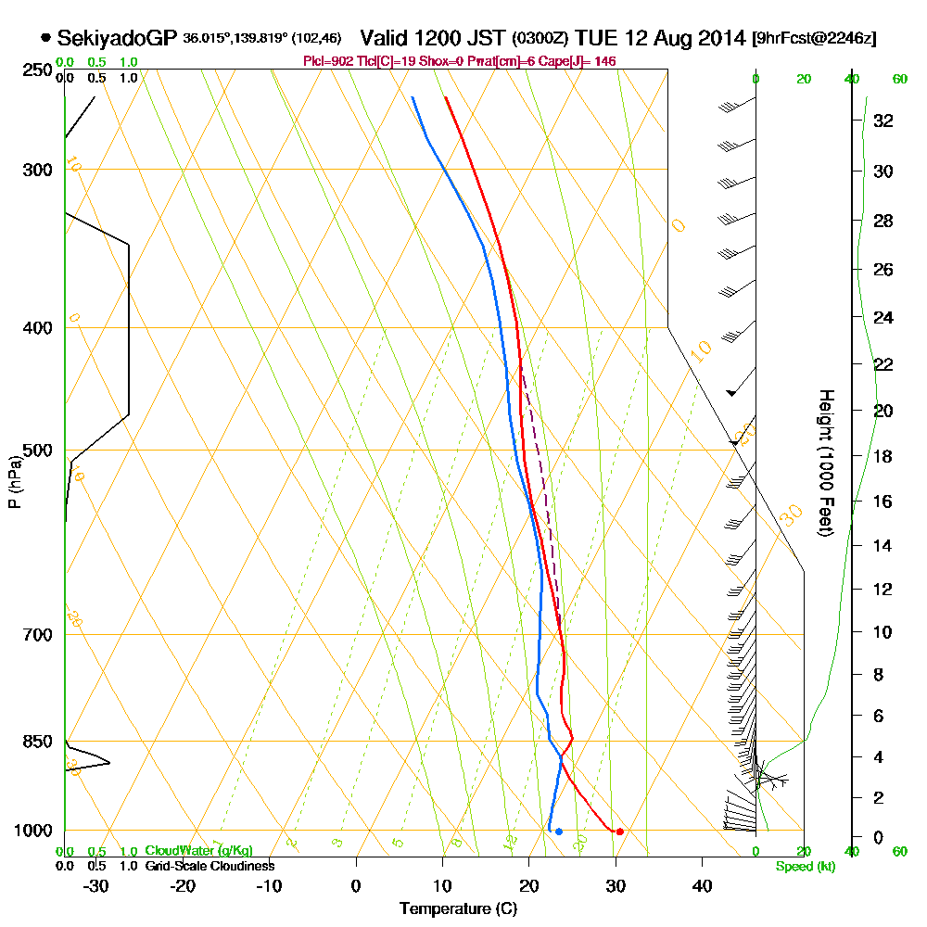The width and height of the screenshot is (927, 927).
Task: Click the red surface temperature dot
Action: click(619, 831)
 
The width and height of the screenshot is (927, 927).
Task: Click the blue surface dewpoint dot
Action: click(558, 832)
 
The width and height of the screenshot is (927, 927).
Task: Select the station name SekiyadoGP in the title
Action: click(117, 38)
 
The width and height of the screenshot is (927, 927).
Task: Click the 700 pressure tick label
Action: click(35, 635)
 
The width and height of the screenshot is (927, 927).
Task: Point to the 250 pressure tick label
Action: click(35, 70)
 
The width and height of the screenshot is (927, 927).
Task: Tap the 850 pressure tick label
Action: click(35, 742)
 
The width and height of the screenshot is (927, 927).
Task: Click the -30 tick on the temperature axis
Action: click(95, 886)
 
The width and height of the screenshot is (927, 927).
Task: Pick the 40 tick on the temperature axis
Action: click(702, 886)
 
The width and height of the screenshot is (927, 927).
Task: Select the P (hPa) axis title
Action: click(14, 481)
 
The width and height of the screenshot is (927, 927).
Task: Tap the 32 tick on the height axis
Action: click(883, 120)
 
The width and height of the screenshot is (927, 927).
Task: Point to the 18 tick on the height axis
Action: click(883, 456)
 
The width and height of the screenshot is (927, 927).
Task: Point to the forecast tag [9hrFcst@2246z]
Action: click(814, 38)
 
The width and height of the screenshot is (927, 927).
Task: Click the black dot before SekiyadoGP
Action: click(45, 38)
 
